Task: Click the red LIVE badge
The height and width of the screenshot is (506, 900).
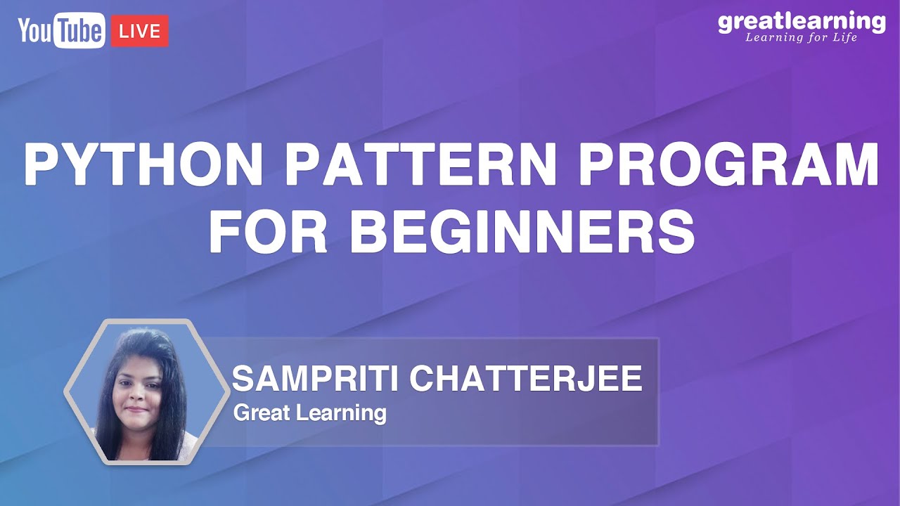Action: click(140, 32)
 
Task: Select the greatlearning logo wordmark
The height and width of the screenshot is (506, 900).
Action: click(802, 22)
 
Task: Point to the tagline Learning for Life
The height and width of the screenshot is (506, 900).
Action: click(802, 37)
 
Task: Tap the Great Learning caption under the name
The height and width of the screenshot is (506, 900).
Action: click(309, 413)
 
